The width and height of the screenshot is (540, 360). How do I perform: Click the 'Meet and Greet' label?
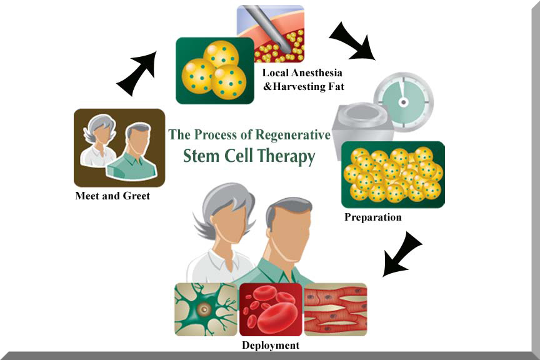112,196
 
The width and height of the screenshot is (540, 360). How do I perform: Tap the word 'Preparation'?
372,217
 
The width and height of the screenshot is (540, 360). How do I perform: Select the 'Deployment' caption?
270,345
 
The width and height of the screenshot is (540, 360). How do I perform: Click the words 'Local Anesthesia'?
301,72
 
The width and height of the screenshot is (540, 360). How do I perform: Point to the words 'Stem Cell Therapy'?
249,156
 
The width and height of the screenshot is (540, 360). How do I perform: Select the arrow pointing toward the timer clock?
351,41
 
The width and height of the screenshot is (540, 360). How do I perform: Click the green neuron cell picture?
206,309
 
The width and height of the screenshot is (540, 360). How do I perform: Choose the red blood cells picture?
271,309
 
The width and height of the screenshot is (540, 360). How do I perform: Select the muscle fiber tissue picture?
336,309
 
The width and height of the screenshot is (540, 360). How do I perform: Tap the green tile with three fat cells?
215,71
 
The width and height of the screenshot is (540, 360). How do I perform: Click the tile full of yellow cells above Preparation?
392,174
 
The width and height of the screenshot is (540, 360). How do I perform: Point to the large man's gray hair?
289,206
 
